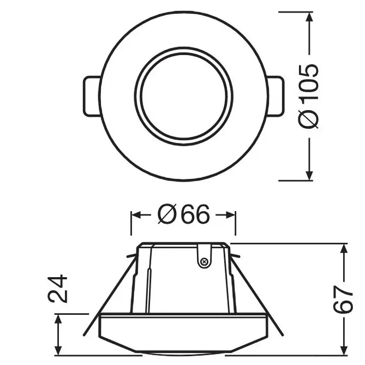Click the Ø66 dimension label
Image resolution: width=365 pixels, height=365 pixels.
183,216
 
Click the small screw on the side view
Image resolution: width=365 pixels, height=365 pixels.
204,262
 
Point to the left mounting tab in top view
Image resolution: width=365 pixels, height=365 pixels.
90,96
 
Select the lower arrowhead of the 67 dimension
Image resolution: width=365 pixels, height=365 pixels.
343,346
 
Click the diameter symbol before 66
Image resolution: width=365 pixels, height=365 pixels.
166,216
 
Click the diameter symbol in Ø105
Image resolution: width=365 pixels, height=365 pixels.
309,118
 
